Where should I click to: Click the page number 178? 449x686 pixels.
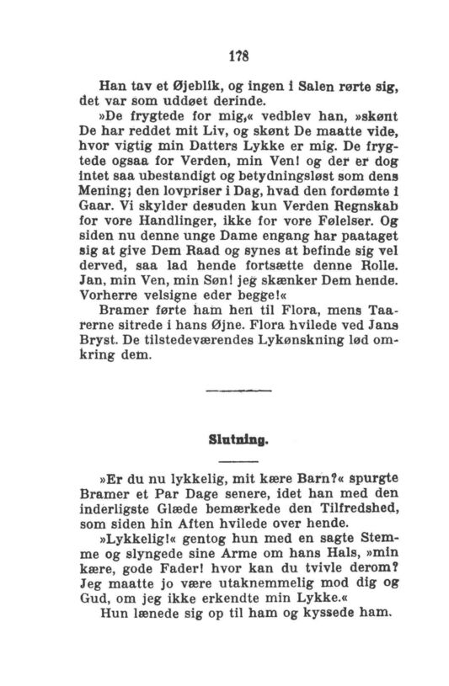coord(225,52)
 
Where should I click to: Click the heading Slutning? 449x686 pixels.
coord(225,439)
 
